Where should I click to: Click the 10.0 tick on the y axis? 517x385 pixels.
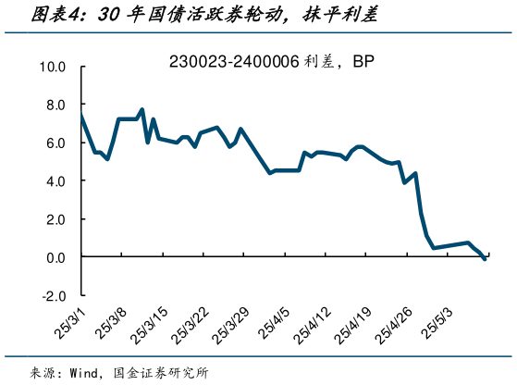52,68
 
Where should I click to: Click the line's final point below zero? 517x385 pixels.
486,260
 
